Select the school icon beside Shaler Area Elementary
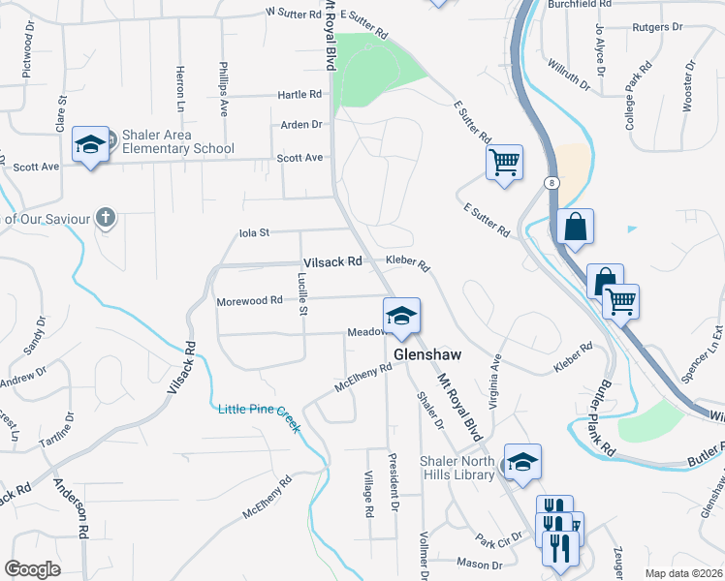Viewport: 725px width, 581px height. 90,145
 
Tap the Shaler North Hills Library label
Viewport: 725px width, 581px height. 458,467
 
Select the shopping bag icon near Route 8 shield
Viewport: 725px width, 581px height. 575,227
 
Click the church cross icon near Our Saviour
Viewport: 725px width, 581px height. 107,218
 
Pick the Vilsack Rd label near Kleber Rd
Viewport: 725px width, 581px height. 331,261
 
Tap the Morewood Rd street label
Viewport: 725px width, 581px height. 249,301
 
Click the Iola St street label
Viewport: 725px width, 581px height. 253,232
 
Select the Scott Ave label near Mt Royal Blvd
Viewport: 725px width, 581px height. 299,158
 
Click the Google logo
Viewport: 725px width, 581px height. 32,568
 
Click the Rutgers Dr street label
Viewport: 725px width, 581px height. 657,27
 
